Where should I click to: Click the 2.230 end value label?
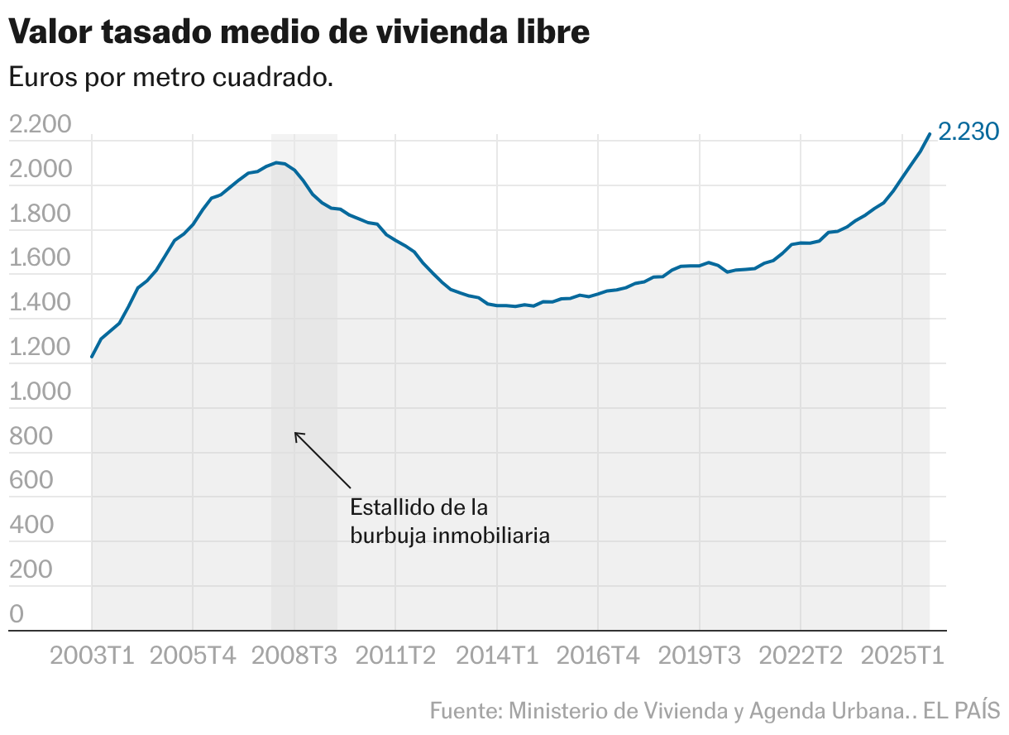point(969,132)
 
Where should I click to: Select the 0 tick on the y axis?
point(16,613)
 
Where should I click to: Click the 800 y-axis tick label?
point(30,436)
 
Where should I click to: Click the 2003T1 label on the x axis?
point(92,656)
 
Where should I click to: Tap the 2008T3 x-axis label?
point(294,656)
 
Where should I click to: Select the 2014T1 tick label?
point(497,656)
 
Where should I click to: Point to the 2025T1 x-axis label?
point(902,656)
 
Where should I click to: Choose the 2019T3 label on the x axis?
point(700,656)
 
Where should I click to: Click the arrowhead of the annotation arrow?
point(296,433)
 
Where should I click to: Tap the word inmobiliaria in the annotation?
point(499,535)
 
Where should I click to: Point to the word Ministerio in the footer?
point(556,710)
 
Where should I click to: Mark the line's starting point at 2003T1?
point(92,357)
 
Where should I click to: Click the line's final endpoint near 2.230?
point(930,133)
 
